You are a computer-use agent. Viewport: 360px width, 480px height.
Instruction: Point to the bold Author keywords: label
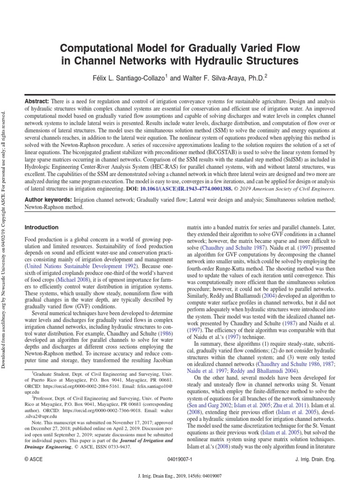pyautogui.click(x=49, y=200)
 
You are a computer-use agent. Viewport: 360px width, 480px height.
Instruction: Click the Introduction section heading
pyautogui.click(x=41, y=227)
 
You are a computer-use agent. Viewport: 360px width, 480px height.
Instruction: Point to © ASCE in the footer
pyautogui.click(x=34, y=460)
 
